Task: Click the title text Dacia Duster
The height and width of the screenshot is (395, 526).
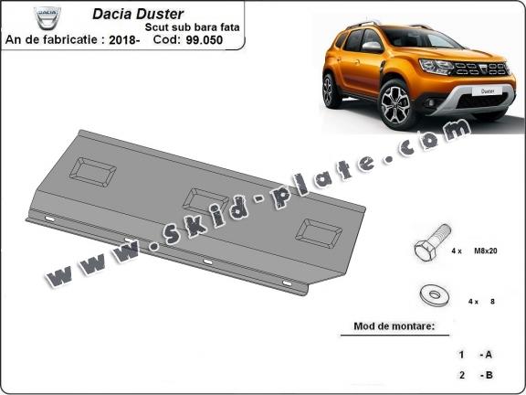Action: point(137,15)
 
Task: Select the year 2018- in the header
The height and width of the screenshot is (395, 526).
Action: point(123,41)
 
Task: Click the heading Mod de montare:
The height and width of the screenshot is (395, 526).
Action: point(394,326)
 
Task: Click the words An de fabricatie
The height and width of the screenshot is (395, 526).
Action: point(42,41)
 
